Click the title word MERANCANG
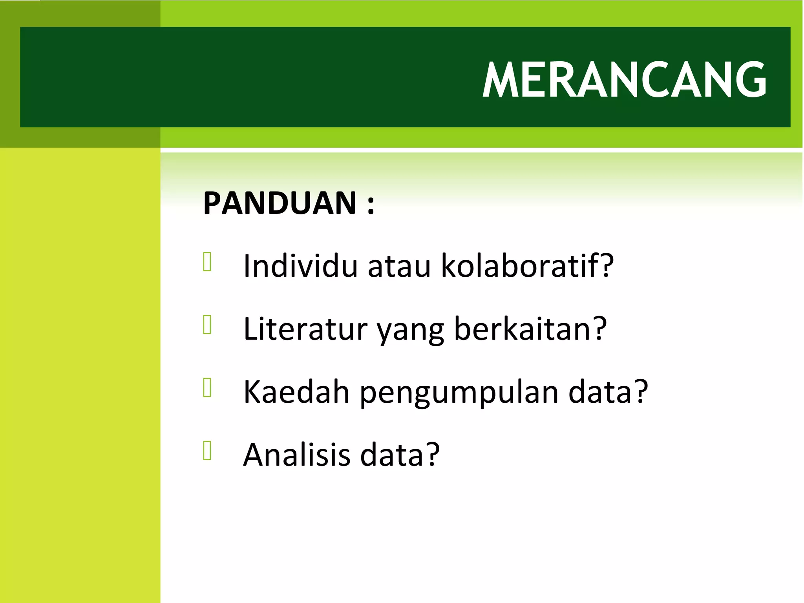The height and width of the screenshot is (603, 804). (x=624, y=80)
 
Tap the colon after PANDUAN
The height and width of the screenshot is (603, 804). (x=371, y=205)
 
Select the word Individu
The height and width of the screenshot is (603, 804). (x=300, y=266)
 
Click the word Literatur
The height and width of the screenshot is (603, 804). (x=305, y=329)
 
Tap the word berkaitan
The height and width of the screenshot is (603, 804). (x=522, y=329)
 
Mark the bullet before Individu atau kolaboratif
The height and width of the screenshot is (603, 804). (x=207, y=262)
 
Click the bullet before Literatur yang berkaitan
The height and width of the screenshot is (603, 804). (x=207, y=325)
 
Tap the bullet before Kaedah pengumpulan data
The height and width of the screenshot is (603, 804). (x=207, y=388)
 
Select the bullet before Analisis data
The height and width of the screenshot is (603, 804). (x=207, y=451)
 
